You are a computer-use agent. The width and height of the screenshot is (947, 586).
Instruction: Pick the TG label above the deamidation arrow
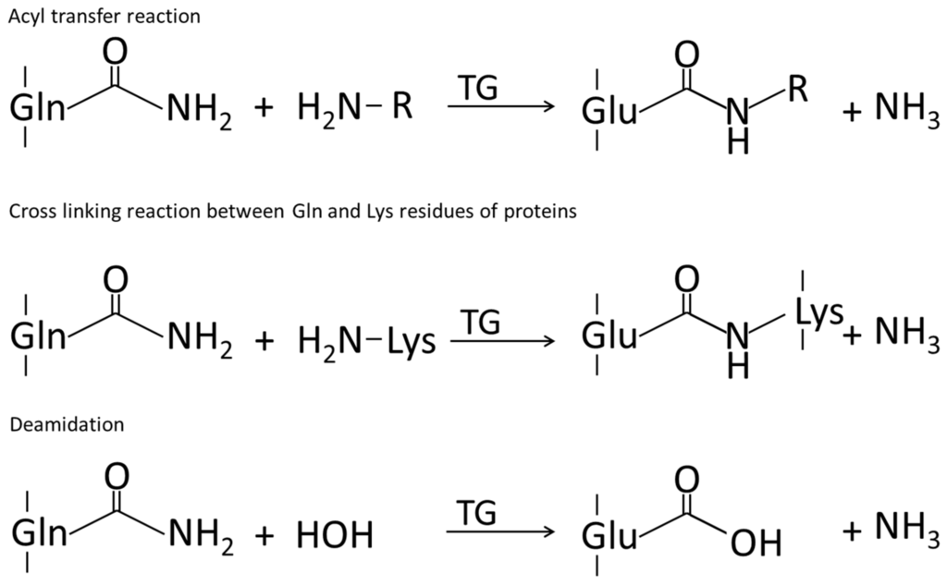(x=478, y=510)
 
